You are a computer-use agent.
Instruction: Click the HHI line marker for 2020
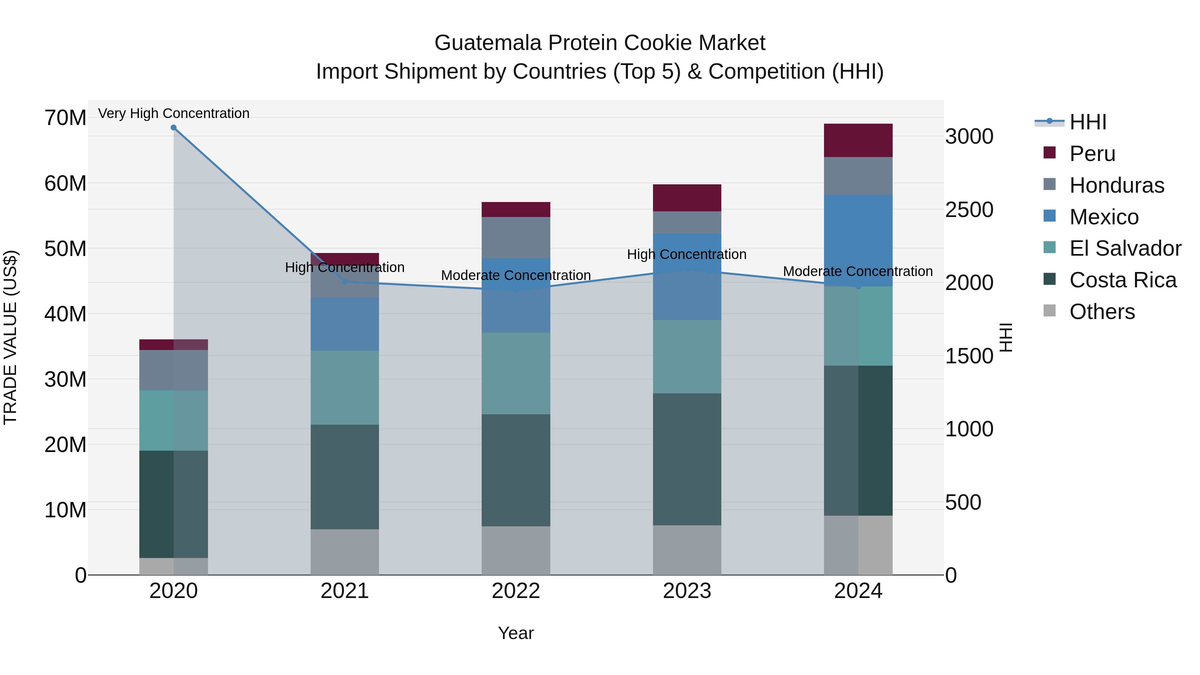[173, 128]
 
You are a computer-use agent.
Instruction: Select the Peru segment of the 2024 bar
[858, 140]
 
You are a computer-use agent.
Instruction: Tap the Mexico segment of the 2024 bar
[858, 240]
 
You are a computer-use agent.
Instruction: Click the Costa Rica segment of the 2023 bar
[687, 459]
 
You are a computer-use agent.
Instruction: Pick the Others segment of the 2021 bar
[345, 552]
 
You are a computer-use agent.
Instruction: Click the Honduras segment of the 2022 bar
[516, 238]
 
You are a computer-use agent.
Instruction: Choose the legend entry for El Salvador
[1125, 248]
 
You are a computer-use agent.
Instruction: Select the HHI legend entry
[1087, 122]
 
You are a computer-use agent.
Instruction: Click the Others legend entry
[1102, 312]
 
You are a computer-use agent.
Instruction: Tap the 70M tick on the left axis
[65, 118]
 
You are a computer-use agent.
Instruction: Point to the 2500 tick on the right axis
[969, 210]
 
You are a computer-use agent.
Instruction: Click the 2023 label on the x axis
[687, 591]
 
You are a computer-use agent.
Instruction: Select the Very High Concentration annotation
[174, 113]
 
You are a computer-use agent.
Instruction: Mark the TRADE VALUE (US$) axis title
[10, 337]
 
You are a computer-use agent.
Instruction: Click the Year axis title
[516, 633]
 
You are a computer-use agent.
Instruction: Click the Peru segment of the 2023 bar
[687, 198]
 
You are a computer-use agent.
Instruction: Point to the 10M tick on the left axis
[65, 510]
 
